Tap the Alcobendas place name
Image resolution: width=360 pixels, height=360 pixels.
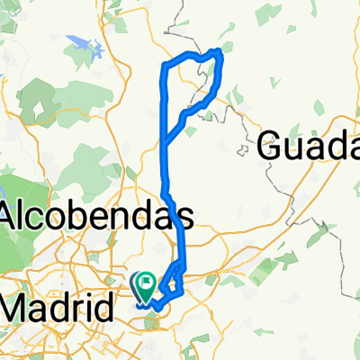pos(97,216)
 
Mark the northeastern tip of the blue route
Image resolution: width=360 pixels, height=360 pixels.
pos(219,51)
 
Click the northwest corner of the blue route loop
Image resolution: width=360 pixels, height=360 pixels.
pos(163,65)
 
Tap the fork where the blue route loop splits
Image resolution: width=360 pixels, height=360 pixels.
pos(163,140)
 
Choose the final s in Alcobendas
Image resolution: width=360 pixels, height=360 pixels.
pos(184,216)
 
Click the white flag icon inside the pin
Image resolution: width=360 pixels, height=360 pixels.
pos(145,284)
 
